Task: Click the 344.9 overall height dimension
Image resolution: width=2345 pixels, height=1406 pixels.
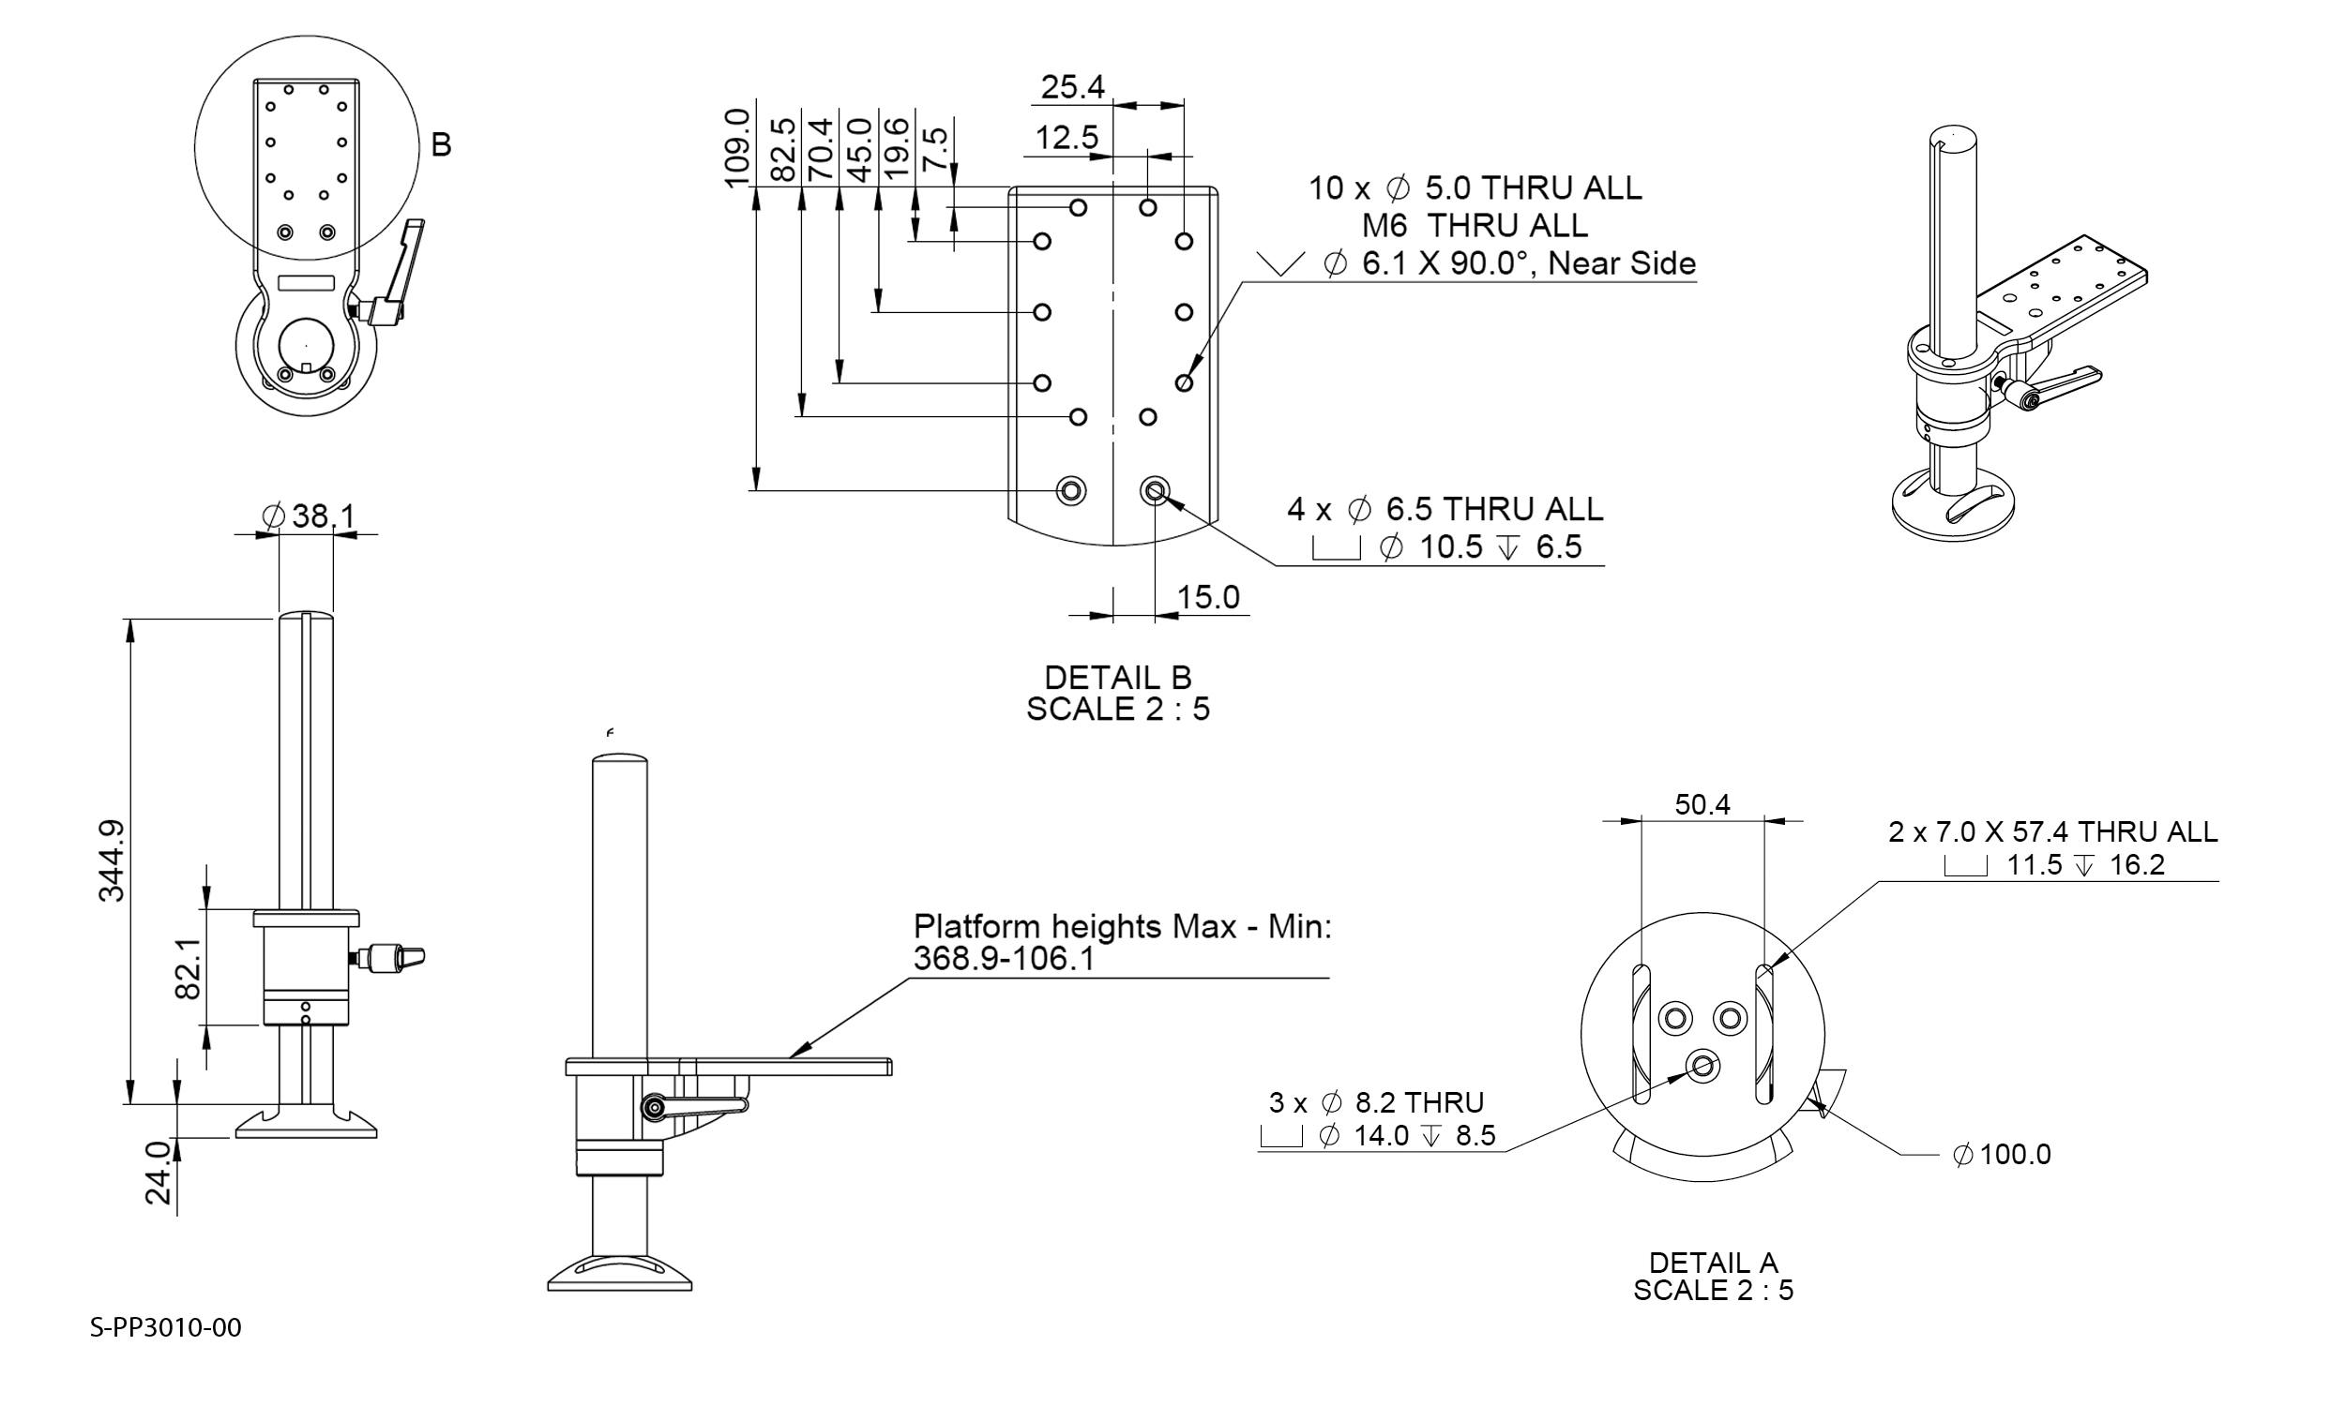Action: pos(112,860)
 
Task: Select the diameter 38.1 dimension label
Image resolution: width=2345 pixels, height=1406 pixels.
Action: pos(308,516)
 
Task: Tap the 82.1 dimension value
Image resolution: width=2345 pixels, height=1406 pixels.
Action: pos(189,968)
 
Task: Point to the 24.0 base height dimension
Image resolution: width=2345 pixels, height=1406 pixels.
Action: pos(159,1173)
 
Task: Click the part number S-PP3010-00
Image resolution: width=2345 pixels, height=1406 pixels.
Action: pos(166,1327)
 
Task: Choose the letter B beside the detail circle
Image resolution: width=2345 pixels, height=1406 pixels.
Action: pos(441,145)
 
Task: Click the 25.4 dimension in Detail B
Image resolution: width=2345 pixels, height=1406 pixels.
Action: pos(1073,87)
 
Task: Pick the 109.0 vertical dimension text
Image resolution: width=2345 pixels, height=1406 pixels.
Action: pos(737,148)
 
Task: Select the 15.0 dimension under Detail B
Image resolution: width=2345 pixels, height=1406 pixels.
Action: pos(1207,597)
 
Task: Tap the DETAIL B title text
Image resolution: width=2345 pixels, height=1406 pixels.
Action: pos(1117,678)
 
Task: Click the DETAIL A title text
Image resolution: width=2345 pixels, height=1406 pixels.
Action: pos(1713,1262)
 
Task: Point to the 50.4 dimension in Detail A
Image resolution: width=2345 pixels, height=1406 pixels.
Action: pos(1702,804)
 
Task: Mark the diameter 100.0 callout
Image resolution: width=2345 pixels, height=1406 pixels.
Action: pos(2001,1154)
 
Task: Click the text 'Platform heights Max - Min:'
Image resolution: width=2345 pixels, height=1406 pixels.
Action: pos(1122,926)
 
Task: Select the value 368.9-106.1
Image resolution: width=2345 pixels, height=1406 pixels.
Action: pos(1004,959)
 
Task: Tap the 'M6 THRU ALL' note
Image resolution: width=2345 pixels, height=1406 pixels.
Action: pos(1474,226)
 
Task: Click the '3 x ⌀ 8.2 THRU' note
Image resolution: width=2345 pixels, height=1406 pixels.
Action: pos(1376,1102)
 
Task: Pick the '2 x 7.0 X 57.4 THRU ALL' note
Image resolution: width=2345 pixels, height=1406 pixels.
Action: pos(2053,831)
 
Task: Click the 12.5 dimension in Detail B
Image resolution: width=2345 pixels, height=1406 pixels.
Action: pos(1067,138)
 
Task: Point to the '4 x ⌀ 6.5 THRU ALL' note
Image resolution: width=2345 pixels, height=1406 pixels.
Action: pos(1445,509)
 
